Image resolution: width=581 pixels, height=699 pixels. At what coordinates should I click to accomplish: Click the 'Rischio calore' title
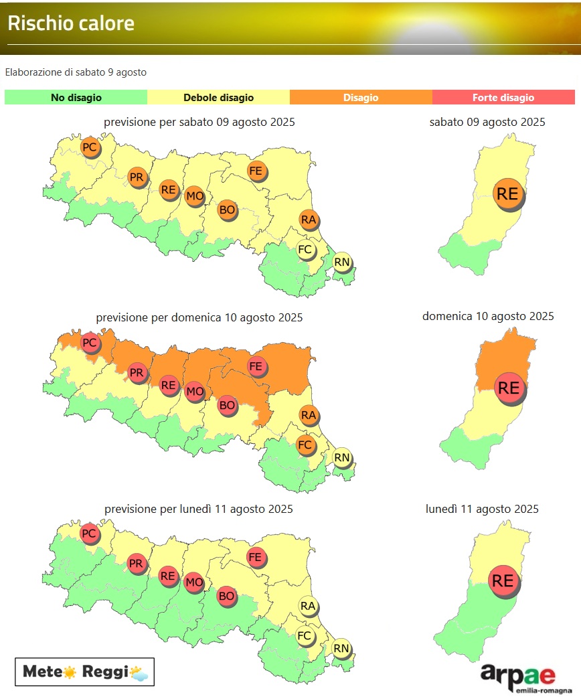click(71, 23)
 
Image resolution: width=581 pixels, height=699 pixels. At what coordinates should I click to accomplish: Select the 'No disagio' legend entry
click(76, 98)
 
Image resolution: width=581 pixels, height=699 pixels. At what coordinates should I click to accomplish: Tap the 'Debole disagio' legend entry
click(218, 98)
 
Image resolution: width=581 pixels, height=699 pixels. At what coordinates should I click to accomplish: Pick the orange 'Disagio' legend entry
click(361, 98)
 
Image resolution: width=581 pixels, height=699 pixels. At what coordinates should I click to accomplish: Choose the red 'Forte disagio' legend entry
click(503, 98)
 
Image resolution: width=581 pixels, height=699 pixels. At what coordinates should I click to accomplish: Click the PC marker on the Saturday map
click(89, 147)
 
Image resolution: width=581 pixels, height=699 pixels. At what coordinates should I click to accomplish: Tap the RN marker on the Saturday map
click(342, 262)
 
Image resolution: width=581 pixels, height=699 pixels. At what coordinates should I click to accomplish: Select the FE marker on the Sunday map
click(255, 366)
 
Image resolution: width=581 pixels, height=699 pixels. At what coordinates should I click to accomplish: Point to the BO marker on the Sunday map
click(227, 404)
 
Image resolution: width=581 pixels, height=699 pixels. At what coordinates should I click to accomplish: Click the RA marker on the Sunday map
click(308, 415)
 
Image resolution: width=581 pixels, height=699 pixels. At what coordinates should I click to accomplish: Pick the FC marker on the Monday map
click(305, 635)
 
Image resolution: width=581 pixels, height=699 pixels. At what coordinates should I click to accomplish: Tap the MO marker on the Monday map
click(194, 582)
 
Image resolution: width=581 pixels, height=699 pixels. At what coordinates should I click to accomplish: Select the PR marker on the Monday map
click(137, 563)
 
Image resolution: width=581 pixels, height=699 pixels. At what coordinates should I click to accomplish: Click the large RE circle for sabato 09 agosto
click(508, 193)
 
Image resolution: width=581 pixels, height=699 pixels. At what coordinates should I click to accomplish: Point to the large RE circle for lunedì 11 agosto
click(503, 580)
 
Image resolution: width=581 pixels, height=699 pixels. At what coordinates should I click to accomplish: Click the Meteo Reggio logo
click(85, 672)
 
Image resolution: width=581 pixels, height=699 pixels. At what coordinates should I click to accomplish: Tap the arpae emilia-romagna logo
click(525, 678)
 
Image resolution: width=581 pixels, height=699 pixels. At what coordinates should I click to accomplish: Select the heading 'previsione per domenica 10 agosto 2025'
click(199, 317)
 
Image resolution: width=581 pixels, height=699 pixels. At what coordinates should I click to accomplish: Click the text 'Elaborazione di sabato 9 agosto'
click(76, 72)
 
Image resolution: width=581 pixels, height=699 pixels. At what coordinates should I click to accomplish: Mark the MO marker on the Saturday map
click(194, 196)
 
